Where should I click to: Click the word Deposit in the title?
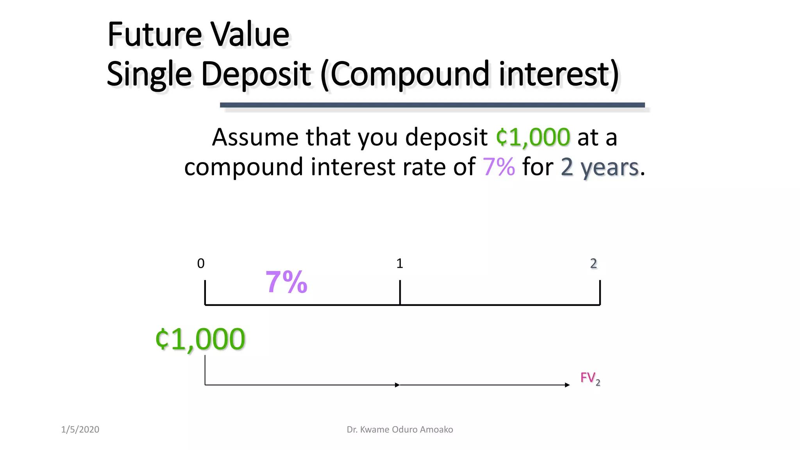(256, 74)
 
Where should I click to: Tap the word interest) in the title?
(559, 74)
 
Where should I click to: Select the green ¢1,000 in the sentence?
(533, 137)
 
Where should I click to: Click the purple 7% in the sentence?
(499, 167)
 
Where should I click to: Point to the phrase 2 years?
(600, 168)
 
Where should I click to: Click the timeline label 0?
(201, 264)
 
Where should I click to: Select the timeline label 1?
(400, 264)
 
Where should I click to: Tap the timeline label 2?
(593, 264)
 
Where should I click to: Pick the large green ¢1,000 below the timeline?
(200, 339)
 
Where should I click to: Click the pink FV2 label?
(590, 378)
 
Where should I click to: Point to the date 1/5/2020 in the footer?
(80, 430)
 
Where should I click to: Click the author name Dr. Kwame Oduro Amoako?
(400, 430)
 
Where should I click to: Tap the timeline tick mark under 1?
(400, 292)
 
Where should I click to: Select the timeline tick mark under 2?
(600, 292)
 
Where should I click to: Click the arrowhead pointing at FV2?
(567, 385)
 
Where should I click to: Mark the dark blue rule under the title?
(432, 105)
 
